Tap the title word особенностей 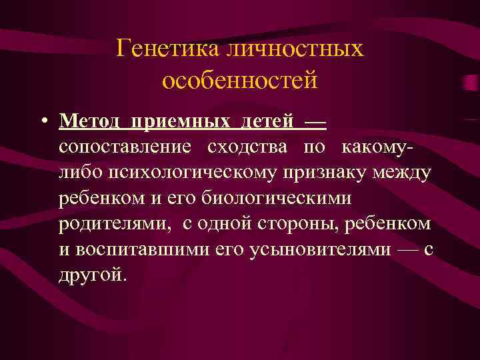pyautogui.click(x=239, y=81)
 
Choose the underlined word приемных pyautogui.click(x=180, y=122)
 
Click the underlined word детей pyautogui.click(x=266, y=122)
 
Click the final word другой pyautogui.click(x=91, y=275)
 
